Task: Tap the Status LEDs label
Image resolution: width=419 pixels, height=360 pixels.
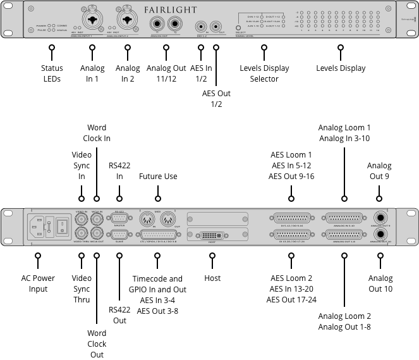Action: click(52, 73)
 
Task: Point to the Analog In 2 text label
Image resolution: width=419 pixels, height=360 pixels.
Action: click(128, 73)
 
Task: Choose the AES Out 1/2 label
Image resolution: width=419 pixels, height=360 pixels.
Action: click(216, 99)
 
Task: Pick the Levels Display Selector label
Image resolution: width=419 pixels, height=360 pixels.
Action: click(264, 73)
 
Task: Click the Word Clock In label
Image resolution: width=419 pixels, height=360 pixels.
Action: click(97, 133)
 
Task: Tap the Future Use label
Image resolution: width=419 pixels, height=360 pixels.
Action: click(158, 177)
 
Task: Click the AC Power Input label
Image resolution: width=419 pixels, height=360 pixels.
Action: click(38, 283)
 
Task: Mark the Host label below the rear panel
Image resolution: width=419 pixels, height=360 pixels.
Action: click(212, 278)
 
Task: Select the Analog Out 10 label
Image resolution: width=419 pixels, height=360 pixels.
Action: click(380, 283)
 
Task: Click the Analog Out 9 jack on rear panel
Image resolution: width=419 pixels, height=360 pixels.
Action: click(380, 217)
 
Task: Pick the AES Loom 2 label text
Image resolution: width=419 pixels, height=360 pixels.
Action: click(291, 278)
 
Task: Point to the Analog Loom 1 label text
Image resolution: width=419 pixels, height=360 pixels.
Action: click(344, 128)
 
